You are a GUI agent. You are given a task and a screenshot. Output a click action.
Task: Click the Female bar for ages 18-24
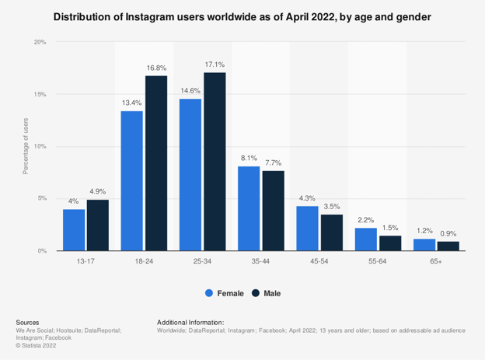[x=131, y=180]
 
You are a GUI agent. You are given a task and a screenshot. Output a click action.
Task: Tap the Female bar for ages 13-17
[x=74, y=229]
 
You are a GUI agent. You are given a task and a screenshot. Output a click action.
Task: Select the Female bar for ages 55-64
[x=365, y=239]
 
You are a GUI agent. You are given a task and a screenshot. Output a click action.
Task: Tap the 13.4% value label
[x=131, y=103]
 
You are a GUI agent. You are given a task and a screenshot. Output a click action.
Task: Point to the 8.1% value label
[x=248, y=159]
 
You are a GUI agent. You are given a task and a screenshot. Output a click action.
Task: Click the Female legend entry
[x=225, y=293]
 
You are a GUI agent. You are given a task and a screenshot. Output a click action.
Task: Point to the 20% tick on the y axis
[x=40, y=42]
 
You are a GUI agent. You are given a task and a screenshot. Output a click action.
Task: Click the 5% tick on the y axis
[x=43, y=198]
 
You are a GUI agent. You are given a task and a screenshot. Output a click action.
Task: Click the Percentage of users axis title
[x=26, y=146]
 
